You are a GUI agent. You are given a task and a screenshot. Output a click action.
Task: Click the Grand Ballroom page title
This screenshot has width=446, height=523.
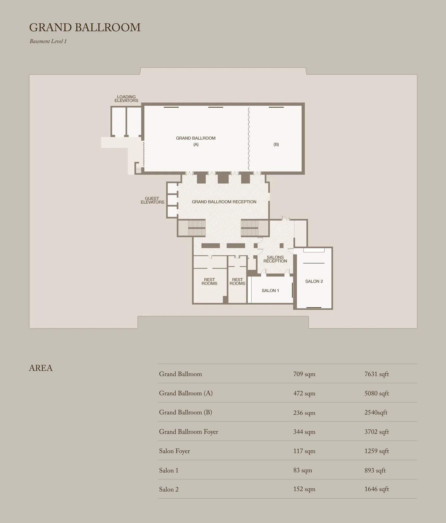85,27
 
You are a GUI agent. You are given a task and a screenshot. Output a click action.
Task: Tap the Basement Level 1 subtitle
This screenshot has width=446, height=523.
48,41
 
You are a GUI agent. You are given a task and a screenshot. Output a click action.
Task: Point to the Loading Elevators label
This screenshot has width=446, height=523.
126,99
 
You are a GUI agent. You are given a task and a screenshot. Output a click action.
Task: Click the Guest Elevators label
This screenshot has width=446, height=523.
153,200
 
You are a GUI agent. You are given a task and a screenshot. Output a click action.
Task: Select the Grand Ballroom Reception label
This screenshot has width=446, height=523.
224,202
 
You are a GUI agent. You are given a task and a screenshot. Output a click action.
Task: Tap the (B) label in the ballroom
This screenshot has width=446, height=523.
276,144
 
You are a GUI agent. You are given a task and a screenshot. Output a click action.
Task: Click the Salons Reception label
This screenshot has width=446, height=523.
275,259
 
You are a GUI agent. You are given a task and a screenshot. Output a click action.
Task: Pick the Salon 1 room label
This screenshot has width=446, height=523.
270,291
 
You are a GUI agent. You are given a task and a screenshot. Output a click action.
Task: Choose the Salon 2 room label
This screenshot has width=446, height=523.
314,281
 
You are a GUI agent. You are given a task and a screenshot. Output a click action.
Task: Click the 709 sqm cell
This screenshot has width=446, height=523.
304,374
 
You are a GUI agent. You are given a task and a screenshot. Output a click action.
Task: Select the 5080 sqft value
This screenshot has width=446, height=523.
377,394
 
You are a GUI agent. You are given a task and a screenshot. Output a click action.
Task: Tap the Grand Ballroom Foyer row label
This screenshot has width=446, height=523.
189,432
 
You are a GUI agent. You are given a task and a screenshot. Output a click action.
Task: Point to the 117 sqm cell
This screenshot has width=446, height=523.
304,451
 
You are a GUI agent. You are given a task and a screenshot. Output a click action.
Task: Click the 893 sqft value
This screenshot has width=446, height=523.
375,470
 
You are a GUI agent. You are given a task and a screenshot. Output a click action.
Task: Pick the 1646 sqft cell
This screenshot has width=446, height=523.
377,489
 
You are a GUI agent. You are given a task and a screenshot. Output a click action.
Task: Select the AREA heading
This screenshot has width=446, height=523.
41,368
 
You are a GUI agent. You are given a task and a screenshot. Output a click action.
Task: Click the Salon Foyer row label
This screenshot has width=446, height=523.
174,451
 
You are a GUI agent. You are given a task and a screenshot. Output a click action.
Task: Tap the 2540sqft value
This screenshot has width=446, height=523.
376,413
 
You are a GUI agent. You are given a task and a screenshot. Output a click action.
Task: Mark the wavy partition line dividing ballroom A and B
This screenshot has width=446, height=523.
249,139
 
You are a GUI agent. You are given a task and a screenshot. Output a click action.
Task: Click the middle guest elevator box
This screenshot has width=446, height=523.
172,200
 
